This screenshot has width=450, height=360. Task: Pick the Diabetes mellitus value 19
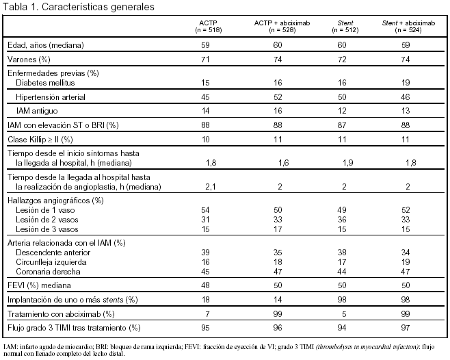coord(408,82)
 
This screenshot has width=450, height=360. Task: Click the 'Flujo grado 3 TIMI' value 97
coord(408,328)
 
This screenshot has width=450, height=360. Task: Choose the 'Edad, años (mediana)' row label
coord(45,44)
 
